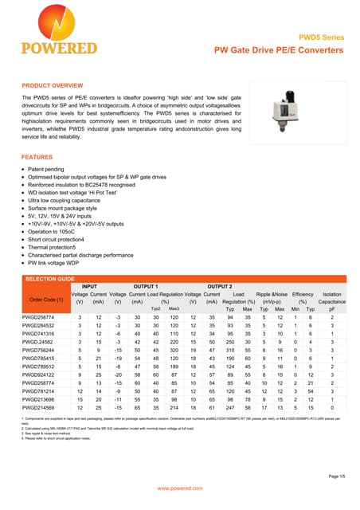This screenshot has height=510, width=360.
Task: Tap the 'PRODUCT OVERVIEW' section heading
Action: click(52, 84)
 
